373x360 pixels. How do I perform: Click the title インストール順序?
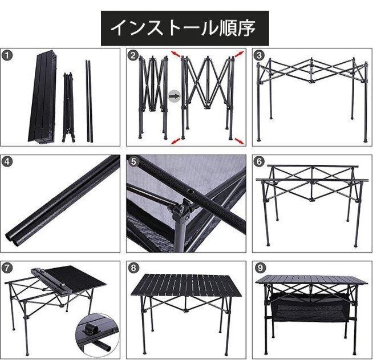pyautogui.click(x=183, y=27)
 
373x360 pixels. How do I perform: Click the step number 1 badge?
pyautogui.click(x=7, y=55)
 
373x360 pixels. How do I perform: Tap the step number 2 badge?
pyautogui.click(x=133, y=55)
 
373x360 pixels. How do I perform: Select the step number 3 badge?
pyautogui.click(x=260, y=55)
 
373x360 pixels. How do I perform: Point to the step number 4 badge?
pyautogui.click(x=7, y=161)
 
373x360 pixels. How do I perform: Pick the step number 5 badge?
pyautogui.click(x=133, y=161)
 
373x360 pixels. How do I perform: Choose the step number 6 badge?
pyautogui.click(x=260, y=161)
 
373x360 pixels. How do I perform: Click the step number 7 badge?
pyautogui.click(x=7, y=267)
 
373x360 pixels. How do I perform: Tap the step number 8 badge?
pyautogui.click(x=133, y=267)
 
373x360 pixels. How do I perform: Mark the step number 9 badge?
pyautogui.click(x=260, y=267)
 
